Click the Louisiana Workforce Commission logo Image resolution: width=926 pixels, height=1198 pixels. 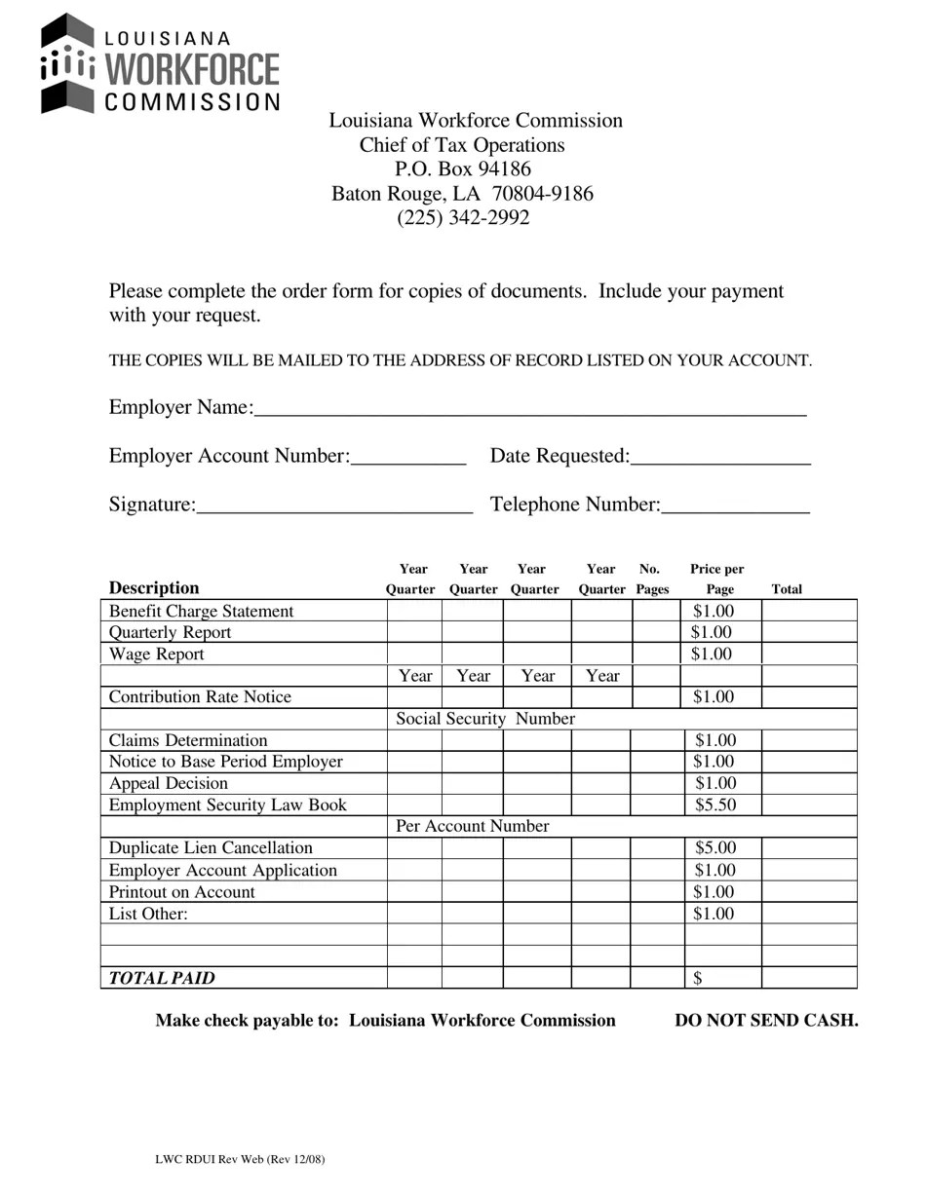(160, 64)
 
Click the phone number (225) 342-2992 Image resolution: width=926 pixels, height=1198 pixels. (463, 217)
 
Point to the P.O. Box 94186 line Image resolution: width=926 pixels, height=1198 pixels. (463, 169)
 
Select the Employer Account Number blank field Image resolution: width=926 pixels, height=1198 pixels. (408, 458)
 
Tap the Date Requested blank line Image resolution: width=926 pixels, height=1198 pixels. (720, 458)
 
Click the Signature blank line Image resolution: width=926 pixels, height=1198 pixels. (334, 505)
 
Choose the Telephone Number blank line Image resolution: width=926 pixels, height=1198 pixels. (735, 505)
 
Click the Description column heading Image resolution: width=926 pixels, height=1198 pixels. (154, 587)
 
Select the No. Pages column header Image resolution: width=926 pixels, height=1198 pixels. (651, 580)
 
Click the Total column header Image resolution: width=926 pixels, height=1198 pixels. (787, 589)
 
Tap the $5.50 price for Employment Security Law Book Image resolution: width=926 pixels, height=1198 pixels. (714, 805)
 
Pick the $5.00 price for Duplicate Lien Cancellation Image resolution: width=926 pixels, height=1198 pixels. (714, 848)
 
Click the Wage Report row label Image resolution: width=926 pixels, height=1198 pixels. (157, 655)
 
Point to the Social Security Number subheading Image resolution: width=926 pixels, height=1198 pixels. (485, 719)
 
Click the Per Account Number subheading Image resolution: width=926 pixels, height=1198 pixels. (473, 826)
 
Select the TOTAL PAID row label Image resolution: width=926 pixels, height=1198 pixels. (162, 978)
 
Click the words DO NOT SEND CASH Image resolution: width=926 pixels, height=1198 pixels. (766, 1020)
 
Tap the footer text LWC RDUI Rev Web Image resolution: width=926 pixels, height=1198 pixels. (240, 1159)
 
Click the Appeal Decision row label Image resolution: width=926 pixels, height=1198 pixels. (169, 783)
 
